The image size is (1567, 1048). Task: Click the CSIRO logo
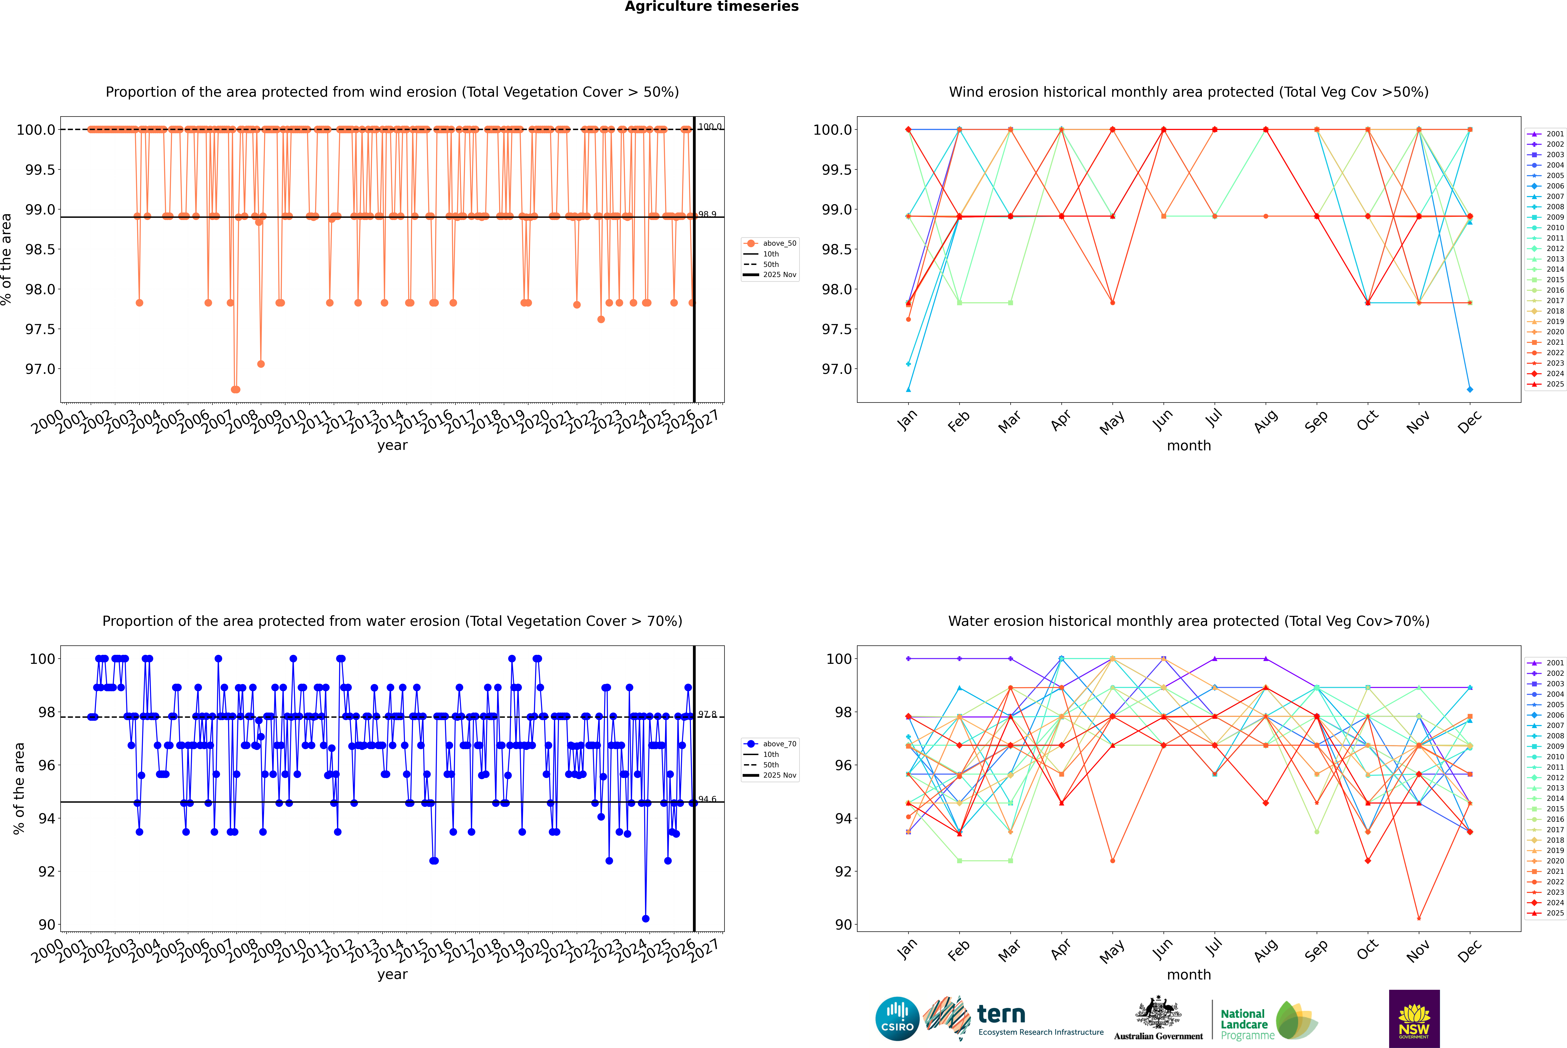897,1019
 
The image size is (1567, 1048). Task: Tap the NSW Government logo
1414,1019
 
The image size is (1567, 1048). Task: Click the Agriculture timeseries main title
711,7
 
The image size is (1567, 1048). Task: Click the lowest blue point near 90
645,918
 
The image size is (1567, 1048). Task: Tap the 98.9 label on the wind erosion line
707,214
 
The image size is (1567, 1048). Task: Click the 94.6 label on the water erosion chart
707,799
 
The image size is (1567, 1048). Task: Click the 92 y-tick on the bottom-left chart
47,872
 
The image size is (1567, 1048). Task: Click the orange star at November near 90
1419,918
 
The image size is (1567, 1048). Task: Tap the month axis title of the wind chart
1188,446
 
